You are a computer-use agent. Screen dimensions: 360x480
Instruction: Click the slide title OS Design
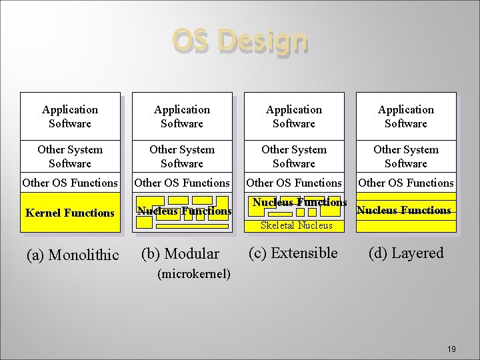click(240, 41)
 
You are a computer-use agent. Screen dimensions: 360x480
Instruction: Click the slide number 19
click(451, 349)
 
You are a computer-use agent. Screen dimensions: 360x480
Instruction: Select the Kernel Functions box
click(70, 213)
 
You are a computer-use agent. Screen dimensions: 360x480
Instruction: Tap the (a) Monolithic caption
click(72, 255)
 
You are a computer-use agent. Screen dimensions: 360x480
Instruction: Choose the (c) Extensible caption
click(293, 253)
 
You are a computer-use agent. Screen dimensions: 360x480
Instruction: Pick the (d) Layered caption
click(407, 253)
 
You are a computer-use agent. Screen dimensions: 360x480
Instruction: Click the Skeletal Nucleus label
click(296, 225)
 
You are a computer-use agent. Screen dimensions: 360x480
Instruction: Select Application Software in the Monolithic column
click(70, 116)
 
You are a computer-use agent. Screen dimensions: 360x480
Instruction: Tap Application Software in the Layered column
click(406, 116)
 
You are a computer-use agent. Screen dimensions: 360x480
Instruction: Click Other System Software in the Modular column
click(182, 156)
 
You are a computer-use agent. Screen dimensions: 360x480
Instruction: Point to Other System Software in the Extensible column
click(294, 156)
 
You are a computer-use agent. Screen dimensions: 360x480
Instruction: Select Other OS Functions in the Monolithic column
click(70, 182)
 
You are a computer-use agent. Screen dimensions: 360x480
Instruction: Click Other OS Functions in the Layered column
click(406, 182)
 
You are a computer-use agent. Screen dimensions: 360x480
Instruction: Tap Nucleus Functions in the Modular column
click(184, 211)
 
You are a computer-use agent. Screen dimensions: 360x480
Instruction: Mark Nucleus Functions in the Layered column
click(404, 210)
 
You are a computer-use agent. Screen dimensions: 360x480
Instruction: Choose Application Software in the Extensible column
click(294, 116)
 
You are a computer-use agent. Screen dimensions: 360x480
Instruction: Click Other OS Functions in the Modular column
click(182, 182)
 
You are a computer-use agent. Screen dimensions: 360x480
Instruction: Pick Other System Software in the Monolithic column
click(70, 156)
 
